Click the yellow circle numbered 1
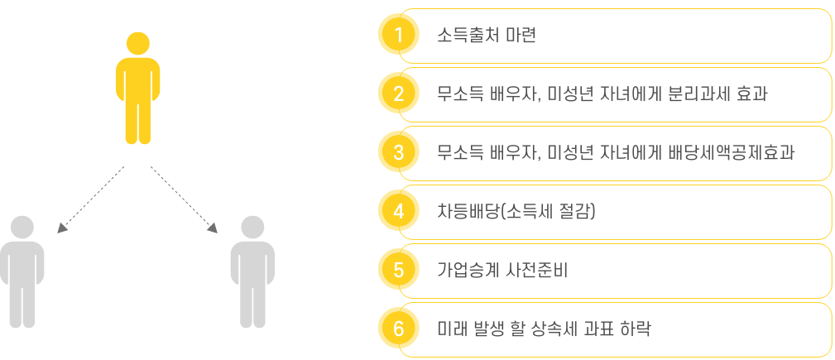point(398,36)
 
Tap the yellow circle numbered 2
point(398,94)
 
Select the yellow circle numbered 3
point(398,153)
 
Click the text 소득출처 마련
point(487,36)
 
